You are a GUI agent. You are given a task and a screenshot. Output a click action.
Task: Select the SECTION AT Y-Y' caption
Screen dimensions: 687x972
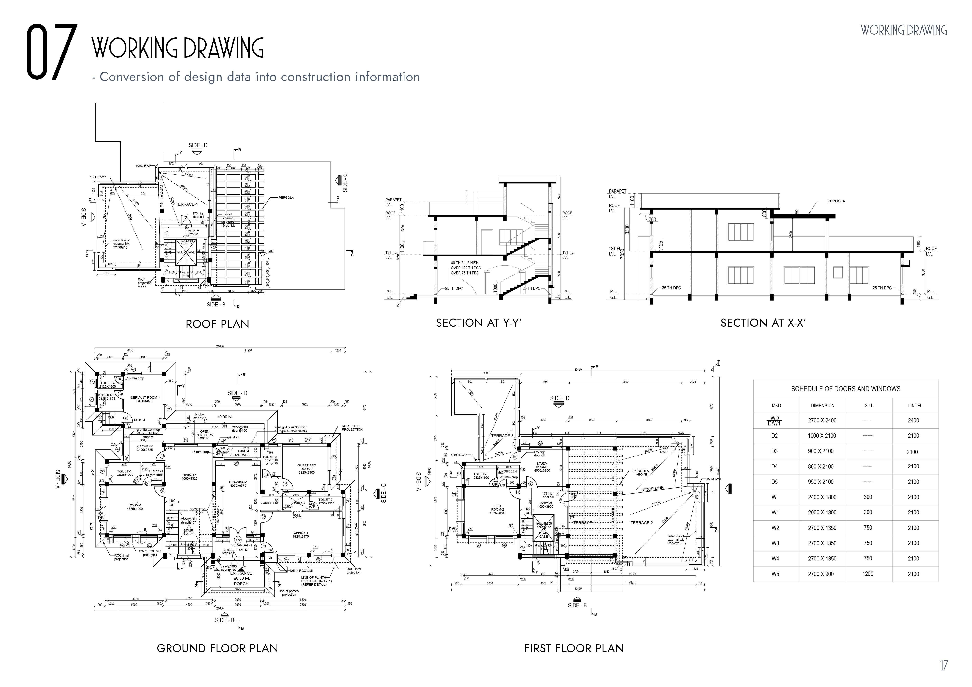[478, 323]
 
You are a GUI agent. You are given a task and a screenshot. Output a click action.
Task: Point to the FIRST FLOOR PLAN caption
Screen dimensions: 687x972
[574, 648]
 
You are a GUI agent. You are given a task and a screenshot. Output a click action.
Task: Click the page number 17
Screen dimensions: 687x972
[944, 666]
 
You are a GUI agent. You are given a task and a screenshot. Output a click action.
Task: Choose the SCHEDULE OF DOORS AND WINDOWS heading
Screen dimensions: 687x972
[845, 389]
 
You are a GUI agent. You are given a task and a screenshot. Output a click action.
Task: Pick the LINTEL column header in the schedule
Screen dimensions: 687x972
[914, 405]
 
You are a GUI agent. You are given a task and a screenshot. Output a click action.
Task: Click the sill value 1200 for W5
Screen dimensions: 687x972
[868, 574]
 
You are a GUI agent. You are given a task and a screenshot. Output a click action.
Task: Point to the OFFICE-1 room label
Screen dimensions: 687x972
[301, 534]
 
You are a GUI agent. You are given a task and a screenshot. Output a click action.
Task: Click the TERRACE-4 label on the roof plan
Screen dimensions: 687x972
[187, 204]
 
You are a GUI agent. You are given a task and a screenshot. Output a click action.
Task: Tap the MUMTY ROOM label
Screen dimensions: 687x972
[193, 232]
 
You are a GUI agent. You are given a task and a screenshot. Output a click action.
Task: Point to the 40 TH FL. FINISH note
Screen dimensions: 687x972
[464, 263]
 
